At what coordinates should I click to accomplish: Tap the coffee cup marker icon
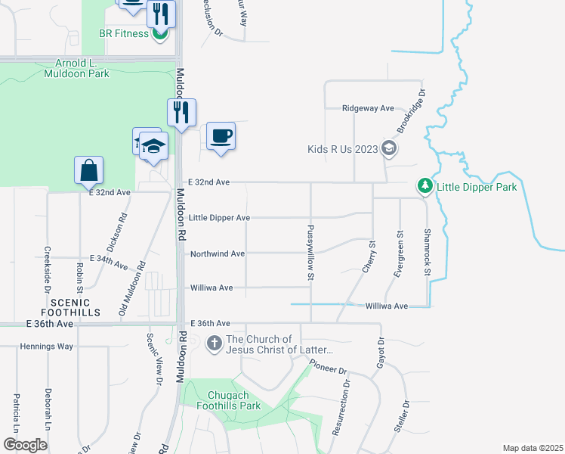pos(221,136)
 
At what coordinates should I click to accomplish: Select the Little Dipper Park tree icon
pos(425,185)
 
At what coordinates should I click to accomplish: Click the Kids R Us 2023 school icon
pos(388,148)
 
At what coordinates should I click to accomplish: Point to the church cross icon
pos(214,344)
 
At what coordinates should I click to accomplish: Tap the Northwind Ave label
pos(218,253)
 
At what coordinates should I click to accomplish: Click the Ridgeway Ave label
pos(368,108)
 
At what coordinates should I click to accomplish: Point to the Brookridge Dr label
pos(412,110)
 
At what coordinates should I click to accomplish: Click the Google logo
pos(26,445)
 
